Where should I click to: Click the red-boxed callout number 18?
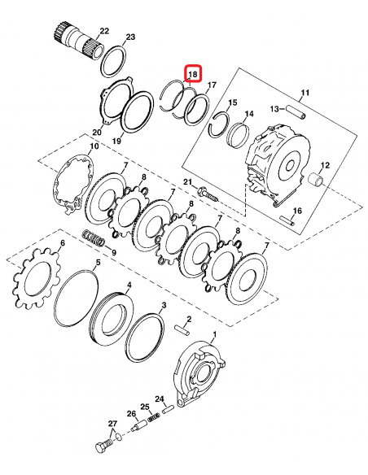coord(191,75)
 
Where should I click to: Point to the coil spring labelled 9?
coord(94,241)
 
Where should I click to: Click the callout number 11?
coord(305,93)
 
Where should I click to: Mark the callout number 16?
coord(297,211)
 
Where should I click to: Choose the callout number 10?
coord(94,146)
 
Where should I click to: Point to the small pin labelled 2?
coord(183,331)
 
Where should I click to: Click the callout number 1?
coord(214,334)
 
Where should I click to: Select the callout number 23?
coord(130,37)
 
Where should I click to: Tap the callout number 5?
coord(98,264)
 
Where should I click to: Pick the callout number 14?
coord(249,114)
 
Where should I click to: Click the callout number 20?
coord(96,133)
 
